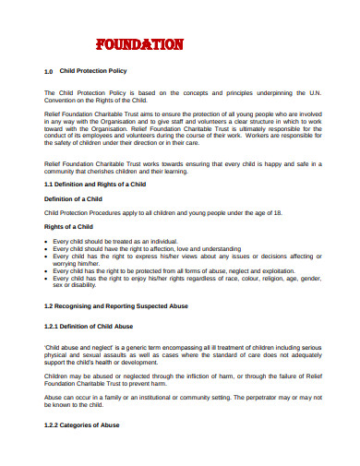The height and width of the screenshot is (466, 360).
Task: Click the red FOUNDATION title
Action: click(139, 43)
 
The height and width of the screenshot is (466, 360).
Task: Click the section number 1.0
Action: click(49, 70)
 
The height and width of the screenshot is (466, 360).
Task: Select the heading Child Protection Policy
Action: click(92, 70)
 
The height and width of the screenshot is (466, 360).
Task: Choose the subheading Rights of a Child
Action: click(70, 226)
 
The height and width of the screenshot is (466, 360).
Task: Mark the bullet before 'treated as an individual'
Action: click(46, 241)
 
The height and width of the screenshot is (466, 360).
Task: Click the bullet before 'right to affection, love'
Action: click(46, 248)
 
